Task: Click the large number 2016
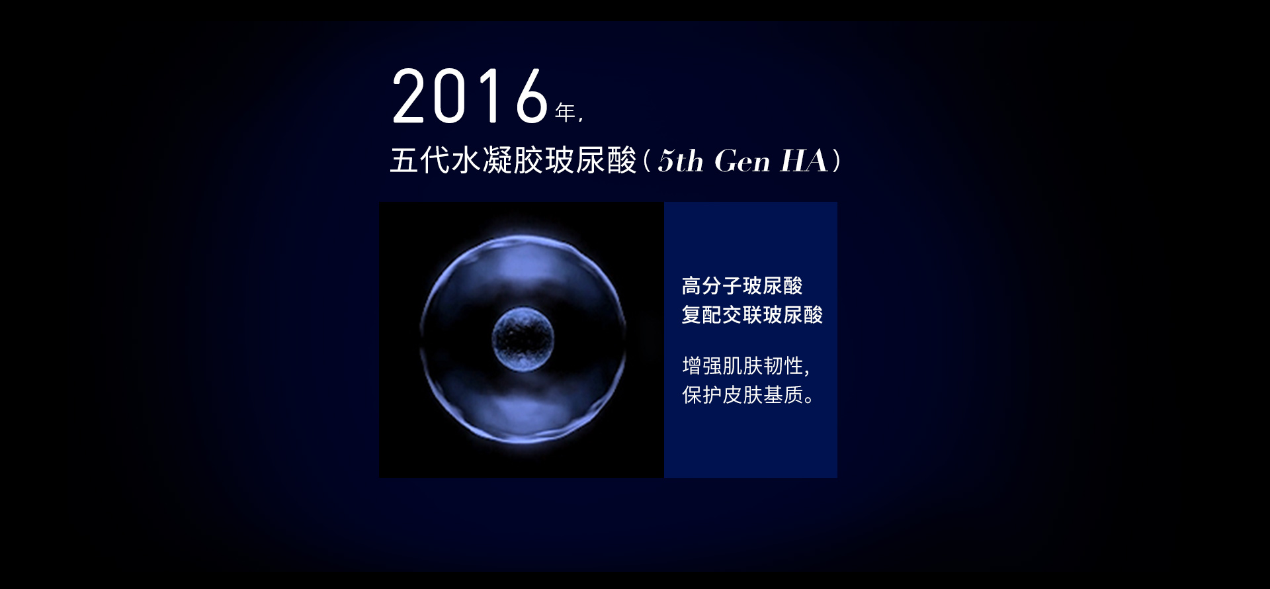[470, 97]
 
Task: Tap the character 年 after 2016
[566, 113]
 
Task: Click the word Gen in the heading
[742, 161]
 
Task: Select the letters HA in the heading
[804, 161]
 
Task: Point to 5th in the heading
[681, 161]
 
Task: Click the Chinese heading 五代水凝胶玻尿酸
[513, 161]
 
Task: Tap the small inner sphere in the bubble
[523, 339]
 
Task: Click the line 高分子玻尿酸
[742, 286]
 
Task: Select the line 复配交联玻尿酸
[752, 314]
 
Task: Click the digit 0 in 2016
[450, 97]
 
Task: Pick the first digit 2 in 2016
[409, 97]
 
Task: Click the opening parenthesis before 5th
[648, 161]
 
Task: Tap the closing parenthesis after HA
[837, 161]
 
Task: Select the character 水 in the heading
[466, 161]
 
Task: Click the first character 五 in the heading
[404, 161]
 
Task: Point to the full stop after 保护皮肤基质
[809, 400]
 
